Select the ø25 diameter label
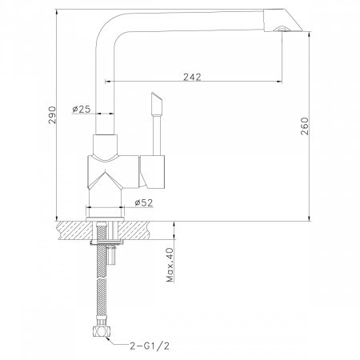[x=80, y=110]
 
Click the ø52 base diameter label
[x=144, y=203]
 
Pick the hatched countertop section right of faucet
[x=145, y=230]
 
